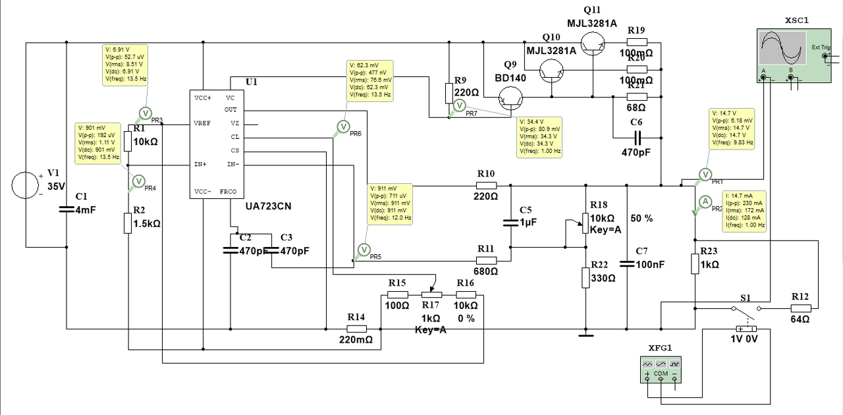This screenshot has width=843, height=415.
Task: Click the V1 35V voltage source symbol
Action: [x=27, y=186]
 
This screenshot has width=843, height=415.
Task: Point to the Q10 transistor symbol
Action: [x=551, y=69]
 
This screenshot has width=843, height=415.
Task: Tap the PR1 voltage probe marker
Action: [x=705, y=175]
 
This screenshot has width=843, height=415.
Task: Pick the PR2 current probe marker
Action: [x=705, y=202]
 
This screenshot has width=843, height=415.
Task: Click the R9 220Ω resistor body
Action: [x=449, y=93]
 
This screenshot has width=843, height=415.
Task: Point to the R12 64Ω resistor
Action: [x=800, y=308]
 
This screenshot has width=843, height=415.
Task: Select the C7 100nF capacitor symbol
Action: [x=627, y=264]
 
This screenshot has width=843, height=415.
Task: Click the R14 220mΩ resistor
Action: [x=356, y=328]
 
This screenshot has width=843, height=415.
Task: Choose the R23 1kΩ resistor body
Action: [x=695, y=263]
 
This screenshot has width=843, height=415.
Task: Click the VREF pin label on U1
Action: [x=202, y=123]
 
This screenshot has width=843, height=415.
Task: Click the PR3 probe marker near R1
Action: [x=146, y=114]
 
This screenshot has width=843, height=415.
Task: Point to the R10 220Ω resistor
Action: [x=486, y=185]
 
